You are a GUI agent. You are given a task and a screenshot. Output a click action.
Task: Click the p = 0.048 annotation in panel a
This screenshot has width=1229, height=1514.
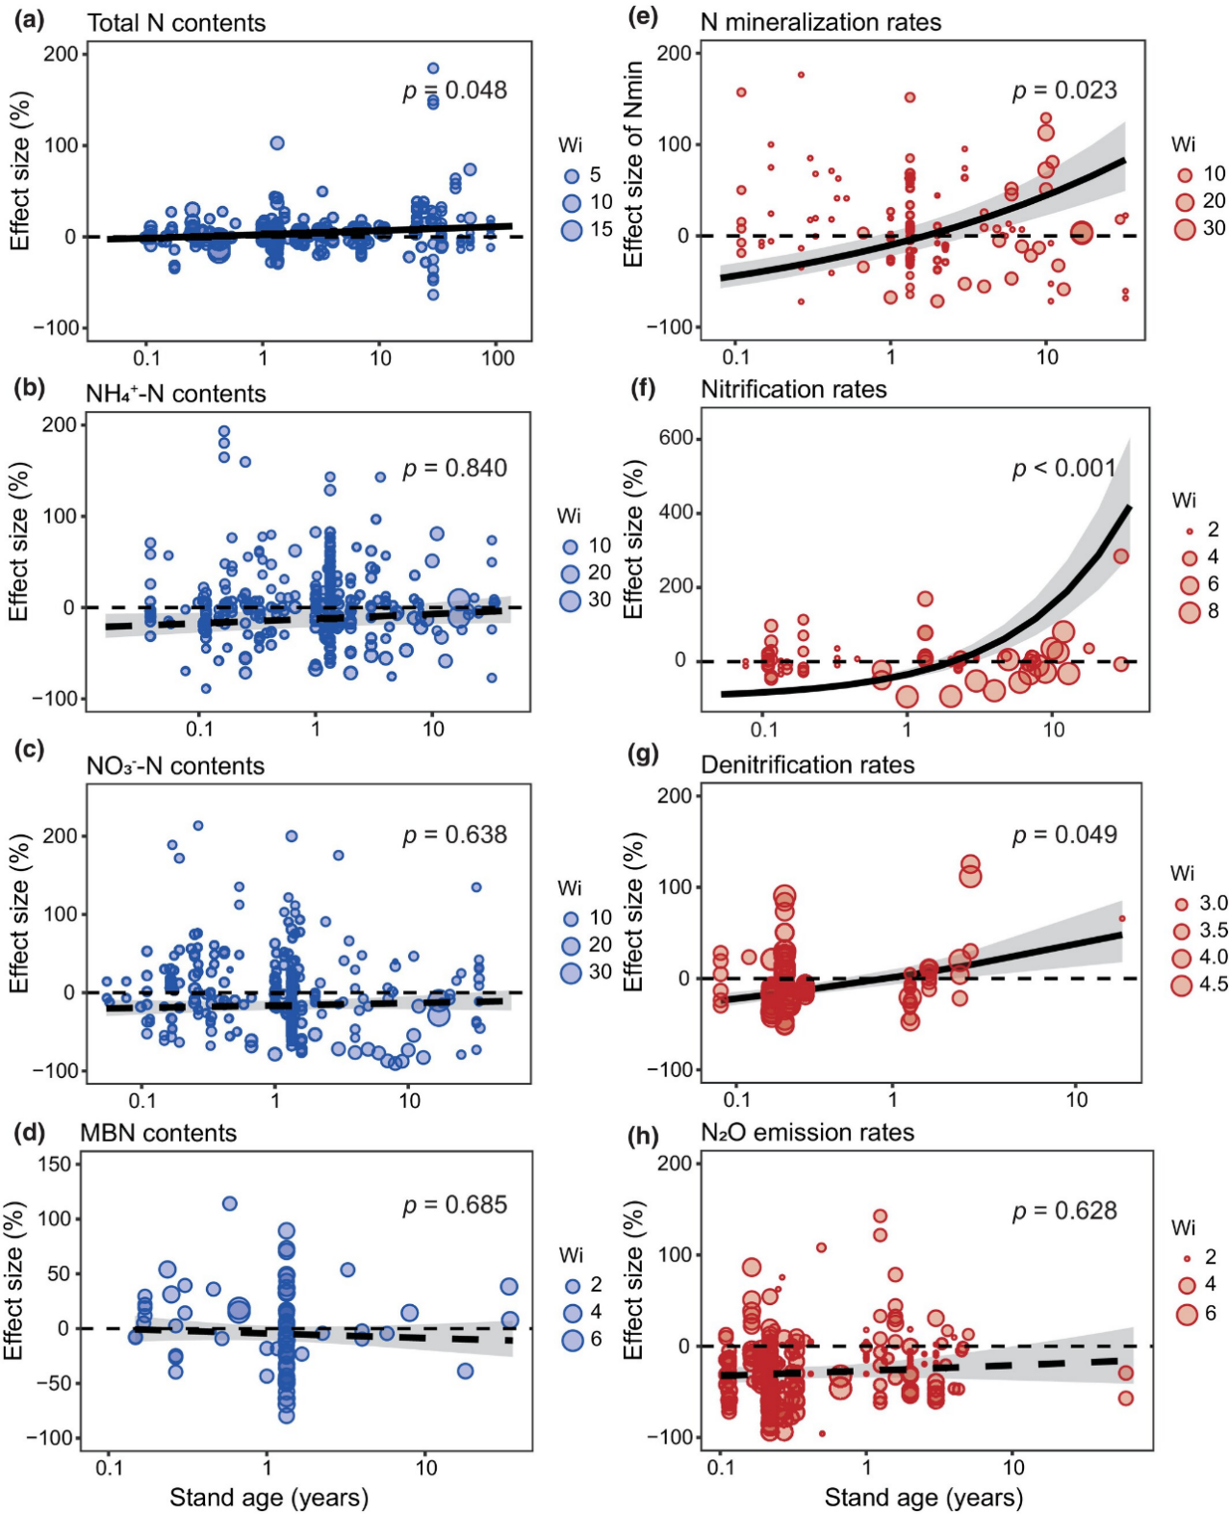(454, 90)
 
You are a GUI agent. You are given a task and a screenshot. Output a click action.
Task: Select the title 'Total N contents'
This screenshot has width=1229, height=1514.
(176, 23)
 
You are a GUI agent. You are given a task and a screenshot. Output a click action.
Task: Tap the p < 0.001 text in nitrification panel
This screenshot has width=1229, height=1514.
(1063, 469)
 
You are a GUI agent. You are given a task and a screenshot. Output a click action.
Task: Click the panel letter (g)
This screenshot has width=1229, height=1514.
(642, 754)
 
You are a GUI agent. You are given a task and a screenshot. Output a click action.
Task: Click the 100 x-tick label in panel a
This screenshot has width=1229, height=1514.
(498, 359)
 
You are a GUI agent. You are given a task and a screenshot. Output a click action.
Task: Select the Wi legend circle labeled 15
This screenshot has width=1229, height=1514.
(572, 230)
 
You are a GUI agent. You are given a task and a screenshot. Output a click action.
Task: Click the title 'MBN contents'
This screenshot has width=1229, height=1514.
(158, 1133)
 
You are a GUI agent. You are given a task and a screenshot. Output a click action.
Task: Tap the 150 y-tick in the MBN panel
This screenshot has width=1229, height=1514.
(54, 1165)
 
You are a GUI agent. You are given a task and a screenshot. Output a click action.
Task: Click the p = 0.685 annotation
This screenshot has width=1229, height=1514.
(454, 1205)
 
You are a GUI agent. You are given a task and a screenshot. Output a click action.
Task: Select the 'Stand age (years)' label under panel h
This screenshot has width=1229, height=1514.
(923, 1498)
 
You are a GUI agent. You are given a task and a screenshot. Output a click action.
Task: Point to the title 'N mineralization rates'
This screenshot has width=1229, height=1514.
(821, 22)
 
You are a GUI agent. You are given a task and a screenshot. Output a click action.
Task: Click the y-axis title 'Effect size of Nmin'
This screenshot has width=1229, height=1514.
(632, 164)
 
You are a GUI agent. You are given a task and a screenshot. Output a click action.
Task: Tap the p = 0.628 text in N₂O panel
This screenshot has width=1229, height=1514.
(1064, 1211)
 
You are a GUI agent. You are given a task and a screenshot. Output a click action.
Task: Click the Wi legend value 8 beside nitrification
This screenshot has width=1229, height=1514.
(1213, 611)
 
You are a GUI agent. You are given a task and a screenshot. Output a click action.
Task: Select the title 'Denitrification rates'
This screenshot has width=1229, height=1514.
(807, 765)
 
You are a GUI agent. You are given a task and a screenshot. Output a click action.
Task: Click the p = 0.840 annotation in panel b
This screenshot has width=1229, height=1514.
(454, 469)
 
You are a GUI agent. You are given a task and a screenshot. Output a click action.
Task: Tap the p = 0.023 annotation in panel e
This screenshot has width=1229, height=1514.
(1064, 90)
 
